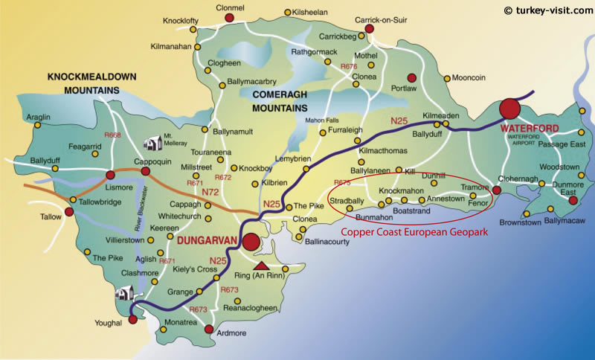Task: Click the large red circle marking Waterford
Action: tap(509, 108)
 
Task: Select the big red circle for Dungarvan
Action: tap(251, 242)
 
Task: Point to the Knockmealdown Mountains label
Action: tap(83, 83)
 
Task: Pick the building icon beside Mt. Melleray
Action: tap(152, 142)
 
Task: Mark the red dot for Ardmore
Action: tap(209, 330)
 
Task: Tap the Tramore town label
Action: tap(475, 187)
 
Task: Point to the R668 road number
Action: tap(112, 135)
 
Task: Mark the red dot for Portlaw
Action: tap(411, 77)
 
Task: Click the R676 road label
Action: tap(350, 67)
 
